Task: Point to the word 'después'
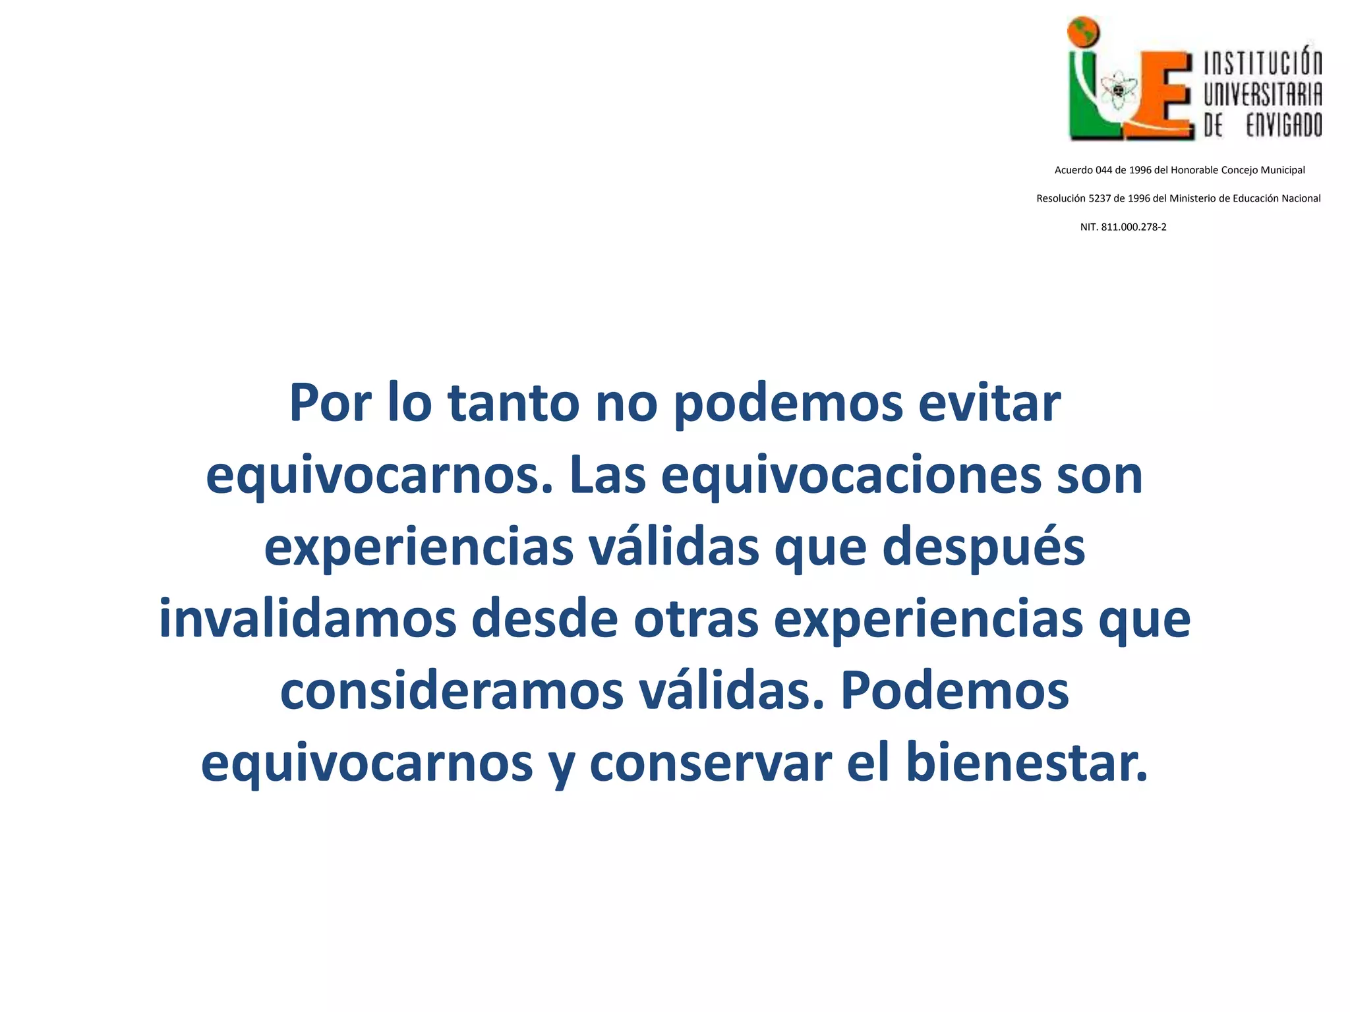(983, 548)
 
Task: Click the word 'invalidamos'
(308, 619)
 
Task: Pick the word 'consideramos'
(452, 692)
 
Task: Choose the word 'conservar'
(710, 763)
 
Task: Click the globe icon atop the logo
(1084, 32)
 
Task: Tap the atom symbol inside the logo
(1118, 92)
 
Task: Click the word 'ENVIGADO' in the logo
(1284, 124)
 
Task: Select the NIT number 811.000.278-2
(1134, 227)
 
